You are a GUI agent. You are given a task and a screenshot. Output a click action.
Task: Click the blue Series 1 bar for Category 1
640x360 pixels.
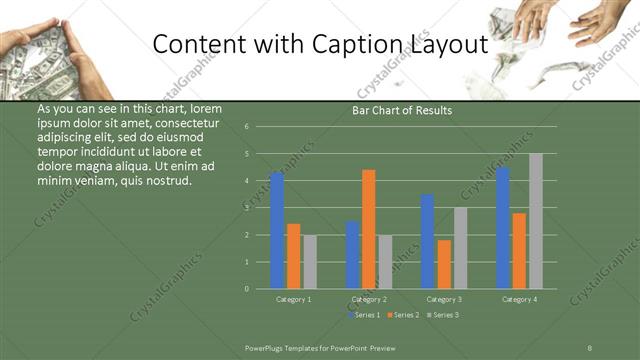click(277, 231)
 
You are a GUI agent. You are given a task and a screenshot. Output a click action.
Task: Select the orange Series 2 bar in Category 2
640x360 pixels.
click(369, 229)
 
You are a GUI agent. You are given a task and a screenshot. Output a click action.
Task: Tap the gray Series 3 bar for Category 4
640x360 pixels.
click(536, 221)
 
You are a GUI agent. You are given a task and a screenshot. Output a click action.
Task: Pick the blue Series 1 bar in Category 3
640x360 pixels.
click(427, 241)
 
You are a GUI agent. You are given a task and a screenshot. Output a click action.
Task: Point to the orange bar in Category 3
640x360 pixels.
click(444, 264)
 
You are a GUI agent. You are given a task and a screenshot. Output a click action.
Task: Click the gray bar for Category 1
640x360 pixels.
click(310, 262)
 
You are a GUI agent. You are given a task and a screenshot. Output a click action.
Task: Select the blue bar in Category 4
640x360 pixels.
click(502, 228)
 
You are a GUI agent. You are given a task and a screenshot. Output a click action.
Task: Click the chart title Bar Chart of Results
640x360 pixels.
click(402, 110)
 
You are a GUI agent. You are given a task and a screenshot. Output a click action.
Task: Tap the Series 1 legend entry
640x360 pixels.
click(364, 314)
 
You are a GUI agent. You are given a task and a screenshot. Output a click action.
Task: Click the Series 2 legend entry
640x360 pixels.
click(403, 314)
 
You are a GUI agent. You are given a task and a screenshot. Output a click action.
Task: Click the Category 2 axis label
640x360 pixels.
click(369, 299)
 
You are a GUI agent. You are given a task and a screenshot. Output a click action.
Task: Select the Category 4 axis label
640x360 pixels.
click(519, 299)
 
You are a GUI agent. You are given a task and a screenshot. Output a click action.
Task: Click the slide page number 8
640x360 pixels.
click(589, 347)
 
